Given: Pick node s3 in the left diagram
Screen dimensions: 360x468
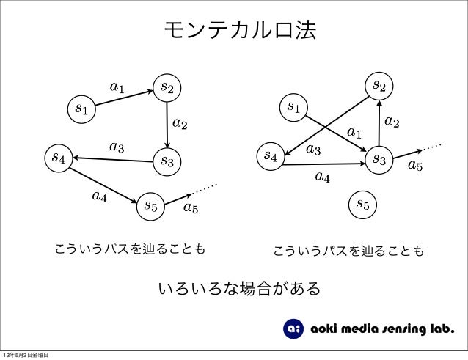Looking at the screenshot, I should [x=167, y=161].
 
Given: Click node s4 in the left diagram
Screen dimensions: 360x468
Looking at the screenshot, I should [x=57, y=157].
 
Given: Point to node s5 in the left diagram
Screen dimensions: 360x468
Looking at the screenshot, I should [x=150, y=205].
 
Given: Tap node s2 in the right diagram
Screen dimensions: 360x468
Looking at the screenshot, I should [x=379, y=85].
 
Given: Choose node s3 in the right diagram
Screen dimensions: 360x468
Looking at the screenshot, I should [x=379, y=158].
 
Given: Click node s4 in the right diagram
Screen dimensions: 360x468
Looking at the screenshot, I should [x=270, y=155].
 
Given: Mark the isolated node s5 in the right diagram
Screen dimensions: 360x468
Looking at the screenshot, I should [x=362, y=204].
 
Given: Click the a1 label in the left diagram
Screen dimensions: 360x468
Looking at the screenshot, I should [x=117, y=87].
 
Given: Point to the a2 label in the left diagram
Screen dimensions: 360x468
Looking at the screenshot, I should [x=180, y=122].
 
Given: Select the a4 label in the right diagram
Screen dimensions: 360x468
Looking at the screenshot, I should [x=322, y=176].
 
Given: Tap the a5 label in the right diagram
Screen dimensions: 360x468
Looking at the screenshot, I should [x=415, y=166].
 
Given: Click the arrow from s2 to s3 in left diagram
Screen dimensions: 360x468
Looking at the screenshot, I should [x=167, y=124].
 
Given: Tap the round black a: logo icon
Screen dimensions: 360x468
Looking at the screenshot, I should [x=293, y=328].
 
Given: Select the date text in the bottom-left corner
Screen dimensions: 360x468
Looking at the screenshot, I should [x=26, y=355].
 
